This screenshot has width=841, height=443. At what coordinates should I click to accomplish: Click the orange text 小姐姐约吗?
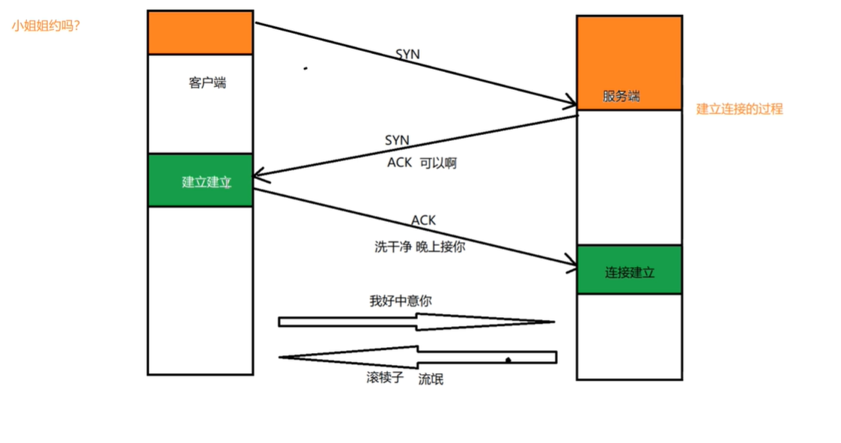coord(46,25)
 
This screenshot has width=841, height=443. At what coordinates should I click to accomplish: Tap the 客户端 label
coord(207,83)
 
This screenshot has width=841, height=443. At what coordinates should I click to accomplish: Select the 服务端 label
coord(621,97)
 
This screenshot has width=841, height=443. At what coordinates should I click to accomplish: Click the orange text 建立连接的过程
coord(739,109)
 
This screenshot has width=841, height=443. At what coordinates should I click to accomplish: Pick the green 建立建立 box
coord(200,181)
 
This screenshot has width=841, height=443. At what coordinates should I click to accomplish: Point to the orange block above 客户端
coord(200,33)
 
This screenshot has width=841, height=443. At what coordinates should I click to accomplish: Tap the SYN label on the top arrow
coord(407,55)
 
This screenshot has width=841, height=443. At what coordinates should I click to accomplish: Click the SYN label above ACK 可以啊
coord(397,140)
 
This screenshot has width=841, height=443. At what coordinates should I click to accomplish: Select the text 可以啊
coord(438,163)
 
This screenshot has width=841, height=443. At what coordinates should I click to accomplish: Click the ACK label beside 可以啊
coord(399,163)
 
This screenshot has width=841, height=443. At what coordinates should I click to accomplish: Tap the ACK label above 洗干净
coord(423,220)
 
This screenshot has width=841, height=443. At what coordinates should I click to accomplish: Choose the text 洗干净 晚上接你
coord(419,246)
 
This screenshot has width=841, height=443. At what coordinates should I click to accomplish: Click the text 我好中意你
coord(400,301)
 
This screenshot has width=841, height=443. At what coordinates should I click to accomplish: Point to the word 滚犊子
coord(385,378)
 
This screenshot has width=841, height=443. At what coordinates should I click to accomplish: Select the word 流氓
coord(431,379)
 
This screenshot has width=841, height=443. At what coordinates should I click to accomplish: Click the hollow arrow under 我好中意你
coord(416,322)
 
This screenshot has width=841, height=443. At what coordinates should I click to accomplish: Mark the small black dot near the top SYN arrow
coord(305,68)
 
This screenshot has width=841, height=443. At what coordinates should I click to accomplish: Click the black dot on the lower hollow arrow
coord(508,361)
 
